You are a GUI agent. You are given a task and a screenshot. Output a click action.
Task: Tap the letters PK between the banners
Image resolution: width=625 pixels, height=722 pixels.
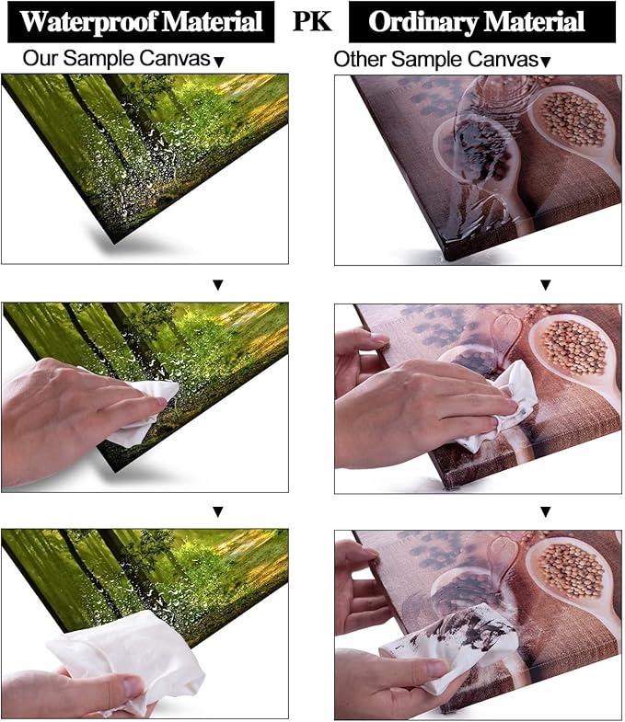pos(312,21)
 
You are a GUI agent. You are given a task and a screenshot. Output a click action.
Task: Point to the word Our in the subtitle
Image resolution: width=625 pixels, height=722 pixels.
pos(41,59)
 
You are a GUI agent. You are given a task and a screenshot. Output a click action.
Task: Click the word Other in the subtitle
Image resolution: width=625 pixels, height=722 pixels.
pos(360,60)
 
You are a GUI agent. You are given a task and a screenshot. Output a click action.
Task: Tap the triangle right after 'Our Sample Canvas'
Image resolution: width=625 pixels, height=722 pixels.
pos(219,63)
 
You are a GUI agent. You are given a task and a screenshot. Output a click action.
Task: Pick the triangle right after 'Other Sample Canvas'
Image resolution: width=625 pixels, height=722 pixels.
pos(545,63)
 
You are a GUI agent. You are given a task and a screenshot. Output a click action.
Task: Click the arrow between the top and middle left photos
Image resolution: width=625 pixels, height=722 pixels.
pos(218,285)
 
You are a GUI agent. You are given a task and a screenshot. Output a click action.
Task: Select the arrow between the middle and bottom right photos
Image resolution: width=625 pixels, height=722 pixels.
pos(546,511)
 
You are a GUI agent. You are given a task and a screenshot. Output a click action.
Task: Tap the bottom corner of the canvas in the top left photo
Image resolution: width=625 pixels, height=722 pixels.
pos(115,242)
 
